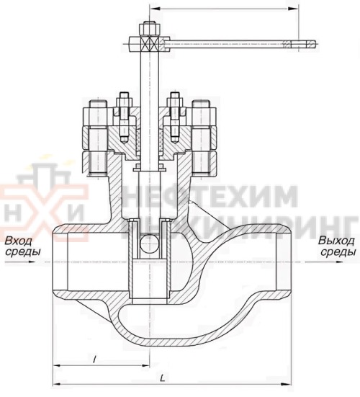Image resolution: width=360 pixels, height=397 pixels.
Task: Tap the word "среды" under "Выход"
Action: click(x=337, y=253)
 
